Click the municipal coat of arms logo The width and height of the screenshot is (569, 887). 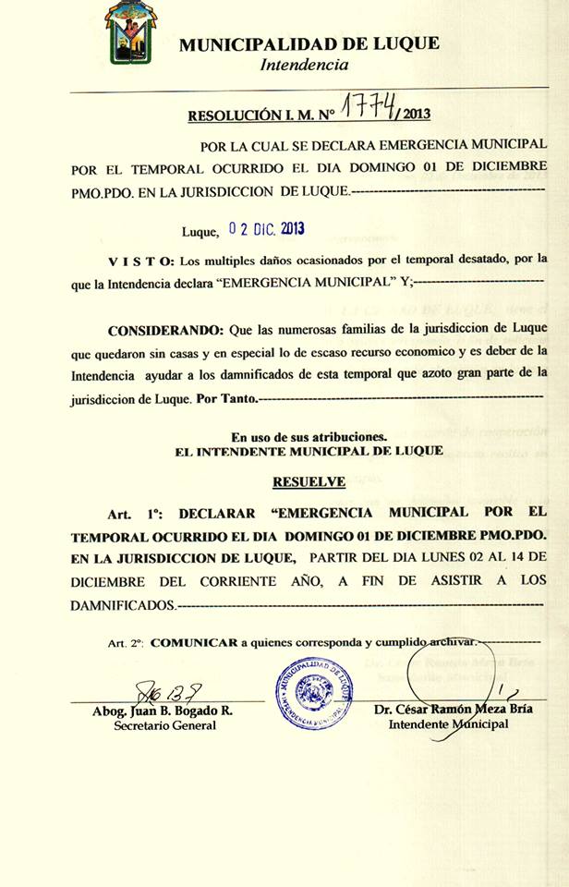[x=130, y=32]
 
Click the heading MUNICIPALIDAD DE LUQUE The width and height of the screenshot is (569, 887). [x=309, y=44]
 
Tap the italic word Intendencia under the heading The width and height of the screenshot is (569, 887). [x=304, y=65]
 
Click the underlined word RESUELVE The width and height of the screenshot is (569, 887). [x=309, y=481]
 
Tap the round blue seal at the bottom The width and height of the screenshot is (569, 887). [x=315, y=692]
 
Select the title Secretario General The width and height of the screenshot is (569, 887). [x=164, y=725]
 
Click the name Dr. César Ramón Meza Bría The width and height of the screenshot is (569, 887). [x=454, y=710]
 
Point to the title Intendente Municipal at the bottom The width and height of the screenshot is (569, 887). [x=448, y=724]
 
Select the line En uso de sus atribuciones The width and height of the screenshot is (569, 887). [x=309, y=436]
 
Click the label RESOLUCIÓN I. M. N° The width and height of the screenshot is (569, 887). [x=260, y=116]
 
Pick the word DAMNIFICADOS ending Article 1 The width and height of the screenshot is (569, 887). [x=122, y=605]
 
